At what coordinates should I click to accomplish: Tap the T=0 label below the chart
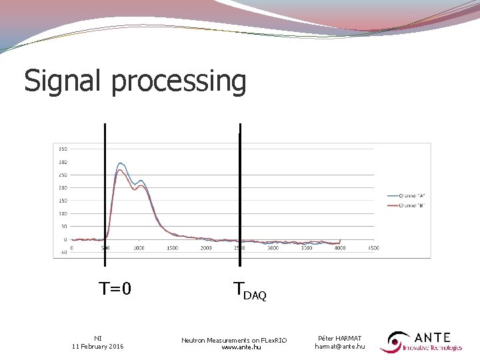click(115, 289)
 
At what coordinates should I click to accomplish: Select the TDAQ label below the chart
click(250, 291)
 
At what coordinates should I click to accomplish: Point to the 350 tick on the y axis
click(62, 149)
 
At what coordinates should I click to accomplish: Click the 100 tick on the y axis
click(62, 213)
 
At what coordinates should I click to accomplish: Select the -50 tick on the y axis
click(62, 252)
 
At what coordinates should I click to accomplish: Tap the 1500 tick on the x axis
click(172, 247)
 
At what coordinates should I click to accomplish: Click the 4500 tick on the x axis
click(373, 247)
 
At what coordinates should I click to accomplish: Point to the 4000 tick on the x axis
click(340, 247)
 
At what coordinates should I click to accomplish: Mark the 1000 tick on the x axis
click(139, 247)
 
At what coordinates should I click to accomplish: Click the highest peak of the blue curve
click(121, 163)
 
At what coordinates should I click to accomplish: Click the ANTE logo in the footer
click(421, 341)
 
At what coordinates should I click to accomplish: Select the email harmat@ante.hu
click(339, 346)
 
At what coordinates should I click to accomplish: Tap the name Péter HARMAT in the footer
click(339, 338)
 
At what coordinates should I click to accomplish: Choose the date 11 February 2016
click(97, 346)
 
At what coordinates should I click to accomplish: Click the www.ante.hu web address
click(241, 347)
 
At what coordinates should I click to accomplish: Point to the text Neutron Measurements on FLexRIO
click(234, 340)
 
